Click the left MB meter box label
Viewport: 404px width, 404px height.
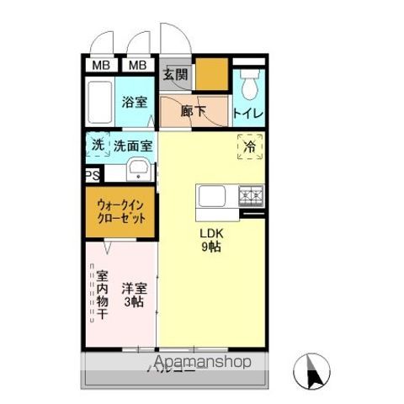pyautogui.click(x=100, y=66)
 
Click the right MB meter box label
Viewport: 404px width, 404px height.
pyautogui.click(x=137, y=66)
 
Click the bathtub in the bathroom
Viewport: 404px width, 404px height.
pyautogui.click(x=99, y=104)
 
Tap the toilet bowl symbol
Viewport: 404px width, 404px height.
pyautogui.click(x=249, y=84)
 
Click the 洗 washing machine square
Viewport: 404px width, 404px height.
pyautogui.click(x=98, y=145)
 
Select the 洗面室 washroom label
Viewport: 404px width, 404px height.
pyautogui.click(x=133, y=145)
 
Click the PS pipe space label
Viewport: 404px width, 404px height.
pyautogui.click(x=92, y=175)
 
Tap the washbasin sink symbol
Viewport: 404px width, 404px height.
pyautogui.click(x=139, y=173)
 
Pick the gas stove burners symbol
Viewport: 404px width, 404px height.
pyautogui.click(x=251, y=196)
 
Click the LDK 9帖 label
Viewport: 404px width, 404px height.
pyautogui.click(x=210, y=241)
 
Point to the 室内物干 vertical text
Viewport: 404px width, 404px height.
pyautogui.click(x=101, y=295)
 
